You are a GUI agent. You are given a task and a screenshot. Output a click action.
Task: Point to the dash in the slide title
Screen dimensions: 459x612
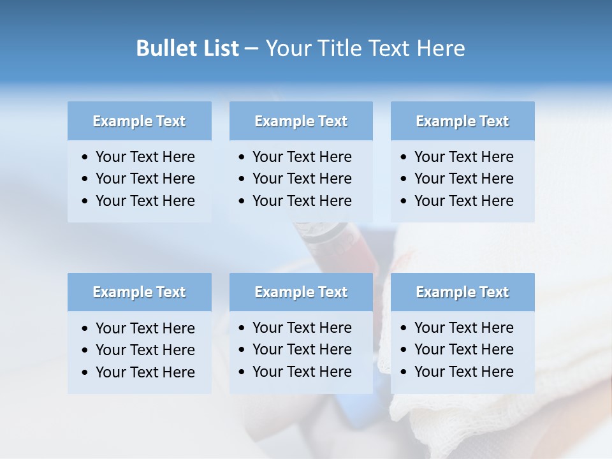[x=252, y=49]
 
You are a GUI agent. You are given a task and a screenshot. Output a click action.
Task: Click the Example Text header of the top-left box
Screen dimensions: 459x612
[x=139, y=121]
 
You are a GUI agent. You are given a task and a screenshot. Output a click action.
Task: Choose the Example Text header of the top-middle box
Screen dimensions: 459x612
[x=301, y=121]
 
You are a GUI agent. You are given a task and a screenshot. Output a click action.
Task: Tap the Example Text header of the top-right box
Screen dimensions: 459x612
[x=462, y=121]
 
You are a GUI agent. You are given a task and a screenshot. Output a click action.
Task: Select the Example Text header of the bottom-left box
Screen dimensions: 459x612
[x=139, y=292]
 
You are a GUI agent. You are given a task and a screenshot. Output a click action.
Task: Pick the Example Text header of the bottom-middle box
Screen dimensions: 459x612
[x=301, y=292]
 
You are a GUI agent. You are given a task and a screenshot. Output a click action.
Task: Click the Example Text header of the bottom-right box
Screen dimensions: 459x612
[x=462, y=292]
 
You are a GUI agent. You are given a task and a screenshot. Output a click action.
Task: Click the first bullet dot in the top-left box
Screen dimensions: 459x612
[x=85, y=157]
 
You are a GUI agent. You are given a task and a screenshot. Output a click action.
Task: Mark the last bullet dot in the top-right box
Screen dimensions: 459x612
[x=404, y=201]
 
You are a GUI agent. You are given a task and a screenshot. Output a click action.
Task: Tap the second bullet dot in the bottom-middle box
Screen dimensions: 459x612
[x=242, y=350]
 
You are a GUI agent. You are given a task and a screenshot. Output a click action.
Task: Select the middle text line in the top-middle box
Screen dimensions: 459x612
[x=302, y=178]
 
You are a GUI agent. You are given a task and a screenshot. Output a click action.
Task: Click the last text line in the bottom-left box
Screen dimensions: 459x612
[x=145, y=372]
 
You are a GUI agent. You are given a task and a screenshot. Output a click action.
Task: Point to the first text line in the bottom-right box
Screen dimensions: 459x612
[x=463, y=328]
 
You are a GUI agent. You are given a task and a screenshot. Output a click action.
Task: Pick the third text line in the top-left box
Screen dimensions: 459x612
[x=145, y=201]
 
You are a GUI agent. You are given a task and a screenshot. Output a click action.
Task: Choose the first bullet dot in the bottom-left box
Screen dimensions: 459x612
[x=85, y=329]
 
